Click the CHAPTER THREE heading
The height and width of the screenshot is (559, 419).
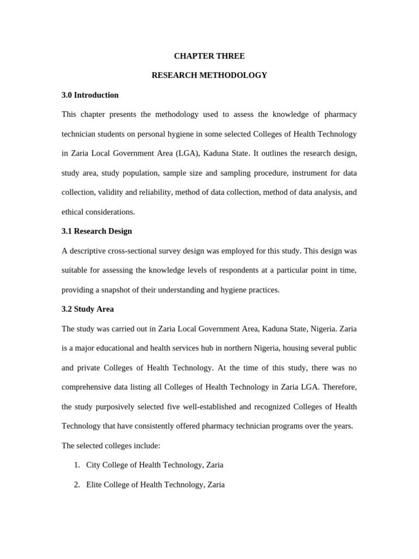(x=209, y=56)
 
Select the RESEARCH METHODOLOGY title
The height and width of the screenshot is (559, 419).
(x=209, y=75)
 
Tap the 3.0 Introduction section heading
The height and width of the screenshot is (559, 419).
(x=90, y=95)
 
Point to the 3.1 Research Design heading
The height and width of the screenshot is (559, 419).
(x=97, y=231)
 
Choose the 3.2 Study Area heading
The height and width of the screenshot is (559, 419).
(x=88, y=309)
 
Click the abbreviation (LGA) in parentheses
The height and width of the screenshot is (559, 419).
(x=186, y=153)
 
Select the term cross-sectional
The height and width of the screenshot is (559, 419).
(x=136, y=251)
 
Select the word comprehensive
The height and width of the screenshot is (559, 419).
(x=89, y=387)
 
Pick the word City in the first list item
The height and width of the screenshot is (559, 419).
(x=94, y=465)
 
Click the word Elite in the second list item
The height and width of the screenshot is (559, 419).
(x=95, y=485)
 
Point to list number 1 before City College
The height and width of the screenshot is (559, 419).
(x=76, y=465)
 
